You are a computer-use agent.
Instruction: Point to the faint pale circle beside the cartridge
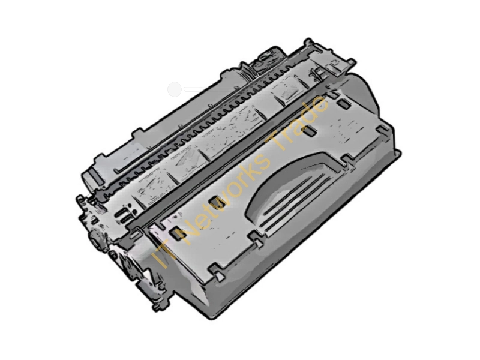pyautogui.click(x=175, y=89)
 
